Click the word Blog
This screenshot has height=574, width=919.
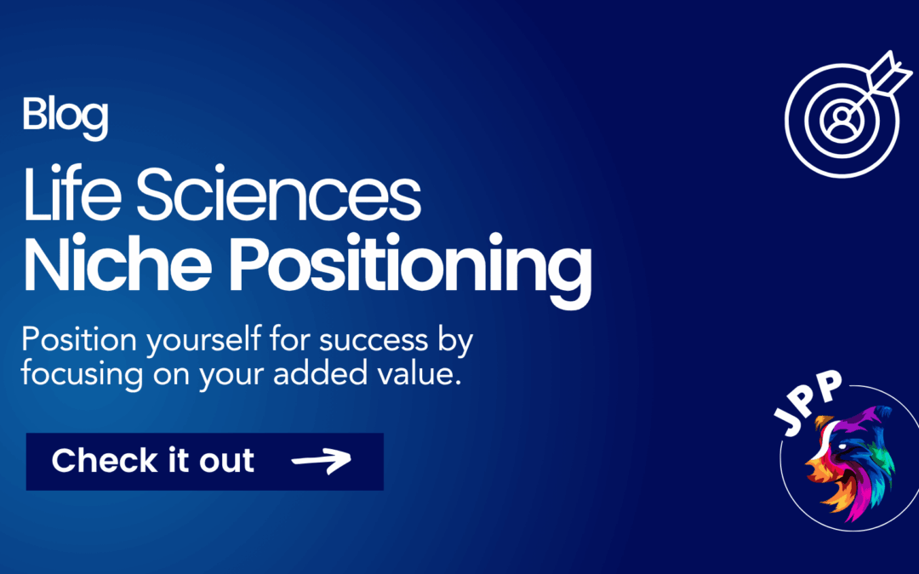65,117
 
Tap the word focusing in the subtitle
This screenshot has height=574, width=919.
76,374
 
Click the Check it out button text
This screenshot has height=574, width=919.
153,461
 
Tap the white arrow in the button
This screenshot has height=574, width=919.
321,462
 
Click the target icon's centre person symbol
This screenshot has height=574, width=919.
842,114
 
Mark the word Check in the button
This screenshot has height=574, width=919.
94,461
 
